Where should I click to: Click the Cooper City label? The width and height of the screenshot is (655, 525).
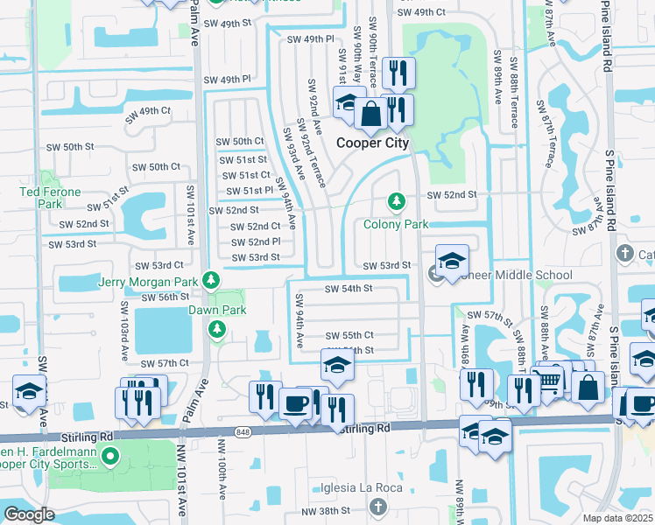click(373, 143)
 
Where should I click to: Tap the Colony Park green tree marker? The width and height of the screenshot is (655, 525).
click(397, 202)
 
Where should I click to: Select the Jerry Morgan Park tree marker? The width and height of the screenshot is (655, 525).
click(210, 280)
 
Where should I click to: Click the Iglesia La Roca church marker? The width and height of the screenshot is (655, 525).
click(377, 507)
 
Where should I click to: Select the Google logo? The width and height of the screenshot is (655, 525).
click(28, 514)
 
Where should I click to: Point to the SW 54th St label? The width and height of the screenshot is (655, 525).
click(349, 288)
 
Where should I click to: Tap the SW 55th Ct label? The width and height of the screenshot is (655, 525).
click(349, 335)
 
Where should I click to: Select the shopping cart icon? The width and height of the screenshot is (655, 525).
click(550, 380)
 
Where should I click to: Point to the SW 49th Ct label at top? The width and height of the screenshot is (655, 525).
click(421, 12)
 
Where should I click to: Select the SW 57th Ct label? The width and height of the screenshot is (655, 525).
click(164, 363)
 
